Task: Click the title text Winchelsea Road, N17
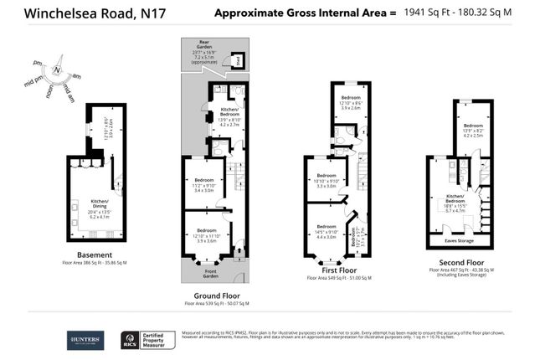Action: tap(75, 13)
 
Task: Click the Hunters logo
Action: tap(86, 340)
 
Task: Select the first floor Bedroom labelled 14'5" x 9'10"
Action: tap(326, 229)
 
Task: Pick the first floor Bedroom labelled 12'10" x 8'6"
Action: tap(350, 100)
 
